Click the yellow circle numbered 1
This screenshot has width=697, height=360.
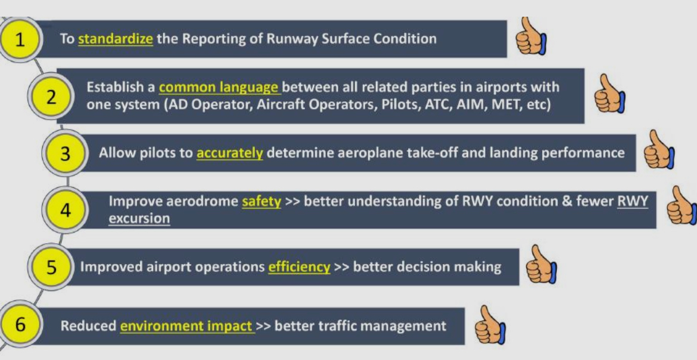(20, 40)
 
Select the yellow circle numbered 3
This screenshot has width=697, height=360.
(66, 153)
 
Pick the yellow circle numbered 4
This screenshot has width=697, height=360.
(66, 210)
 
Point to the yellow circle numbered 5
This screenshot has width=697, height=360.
(51, 266)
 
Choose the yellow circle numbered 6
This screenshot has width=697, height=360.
(20, 325)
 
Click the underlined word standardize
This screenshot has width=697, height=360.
(116, 39)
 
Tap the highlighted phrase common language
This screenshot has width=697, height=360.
(219, 87)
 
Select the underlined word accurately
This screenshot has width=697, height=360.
(229, 153)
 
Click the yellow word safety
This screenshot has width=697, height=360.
(261, 201)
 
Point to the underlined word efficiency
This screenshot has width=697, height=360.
(299, 266)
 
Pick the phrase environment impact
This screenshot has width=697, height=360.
(186, 326)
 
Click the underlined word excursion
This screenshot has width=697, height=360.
(139, 218)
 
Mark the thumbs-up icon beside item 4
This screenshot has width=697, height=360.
(681, 206)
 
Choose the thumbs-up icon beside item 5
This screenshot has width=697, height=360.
(540, 264)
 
